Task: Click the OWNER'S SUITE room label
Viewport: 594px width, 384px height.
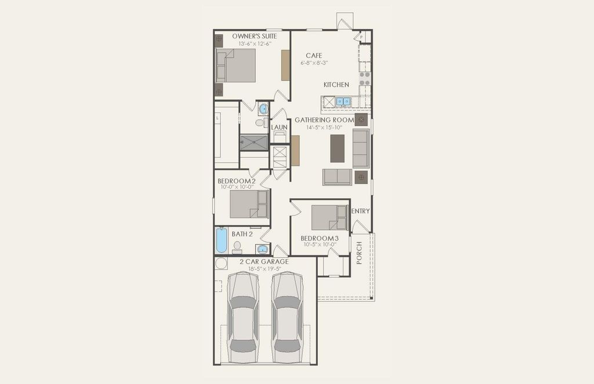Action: click(254, 37)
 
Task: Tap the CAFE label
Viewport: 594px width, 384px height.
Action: click(314, 56)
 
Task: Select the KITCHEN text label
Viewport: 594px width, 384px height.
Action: click(336, 85)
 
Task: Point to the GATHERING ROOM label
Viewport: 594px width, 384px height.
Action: click(324, 120)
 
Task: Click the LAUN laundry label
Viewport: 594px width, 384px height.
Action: click(279, 127)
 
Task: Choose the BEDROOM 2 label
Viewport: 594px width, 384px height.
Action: click(237, 181)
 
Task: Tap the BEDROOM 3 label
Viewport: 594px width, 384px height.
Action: click(320, 238)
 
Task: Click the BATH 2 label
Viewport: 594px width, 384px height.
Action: click(242, 234)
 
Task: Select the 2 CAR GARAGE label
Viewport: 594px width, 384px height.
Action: click(264, 262)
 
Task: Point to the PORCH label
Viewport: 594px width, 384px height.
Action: click(359, 253)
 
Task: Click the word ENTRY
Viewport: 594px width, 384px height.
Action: click(360, 211)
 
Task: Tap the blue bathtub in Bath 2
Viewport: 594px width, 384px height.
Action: click(221, 240)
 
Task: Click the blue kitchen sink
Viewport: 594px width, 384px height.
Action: click(343, 101)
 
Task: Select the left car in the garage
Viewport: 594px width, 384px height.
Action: click(243, 317)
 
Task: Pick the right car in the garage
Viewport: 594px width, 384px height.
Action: click(288, 317)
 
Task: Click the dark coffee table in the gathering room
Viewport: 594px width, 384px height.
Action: click(338, 148)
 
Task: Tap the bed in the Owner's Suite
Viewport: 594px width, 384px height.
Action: click(236, 65)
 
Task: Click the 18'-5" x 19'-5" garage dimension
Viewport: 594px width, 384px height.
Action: click(265, 268)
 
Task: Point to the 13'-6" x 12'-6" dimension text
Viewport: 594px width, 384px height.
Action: click(255, 44)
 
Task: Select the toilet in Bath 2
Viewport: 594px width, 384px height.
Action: click(237, 247)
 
